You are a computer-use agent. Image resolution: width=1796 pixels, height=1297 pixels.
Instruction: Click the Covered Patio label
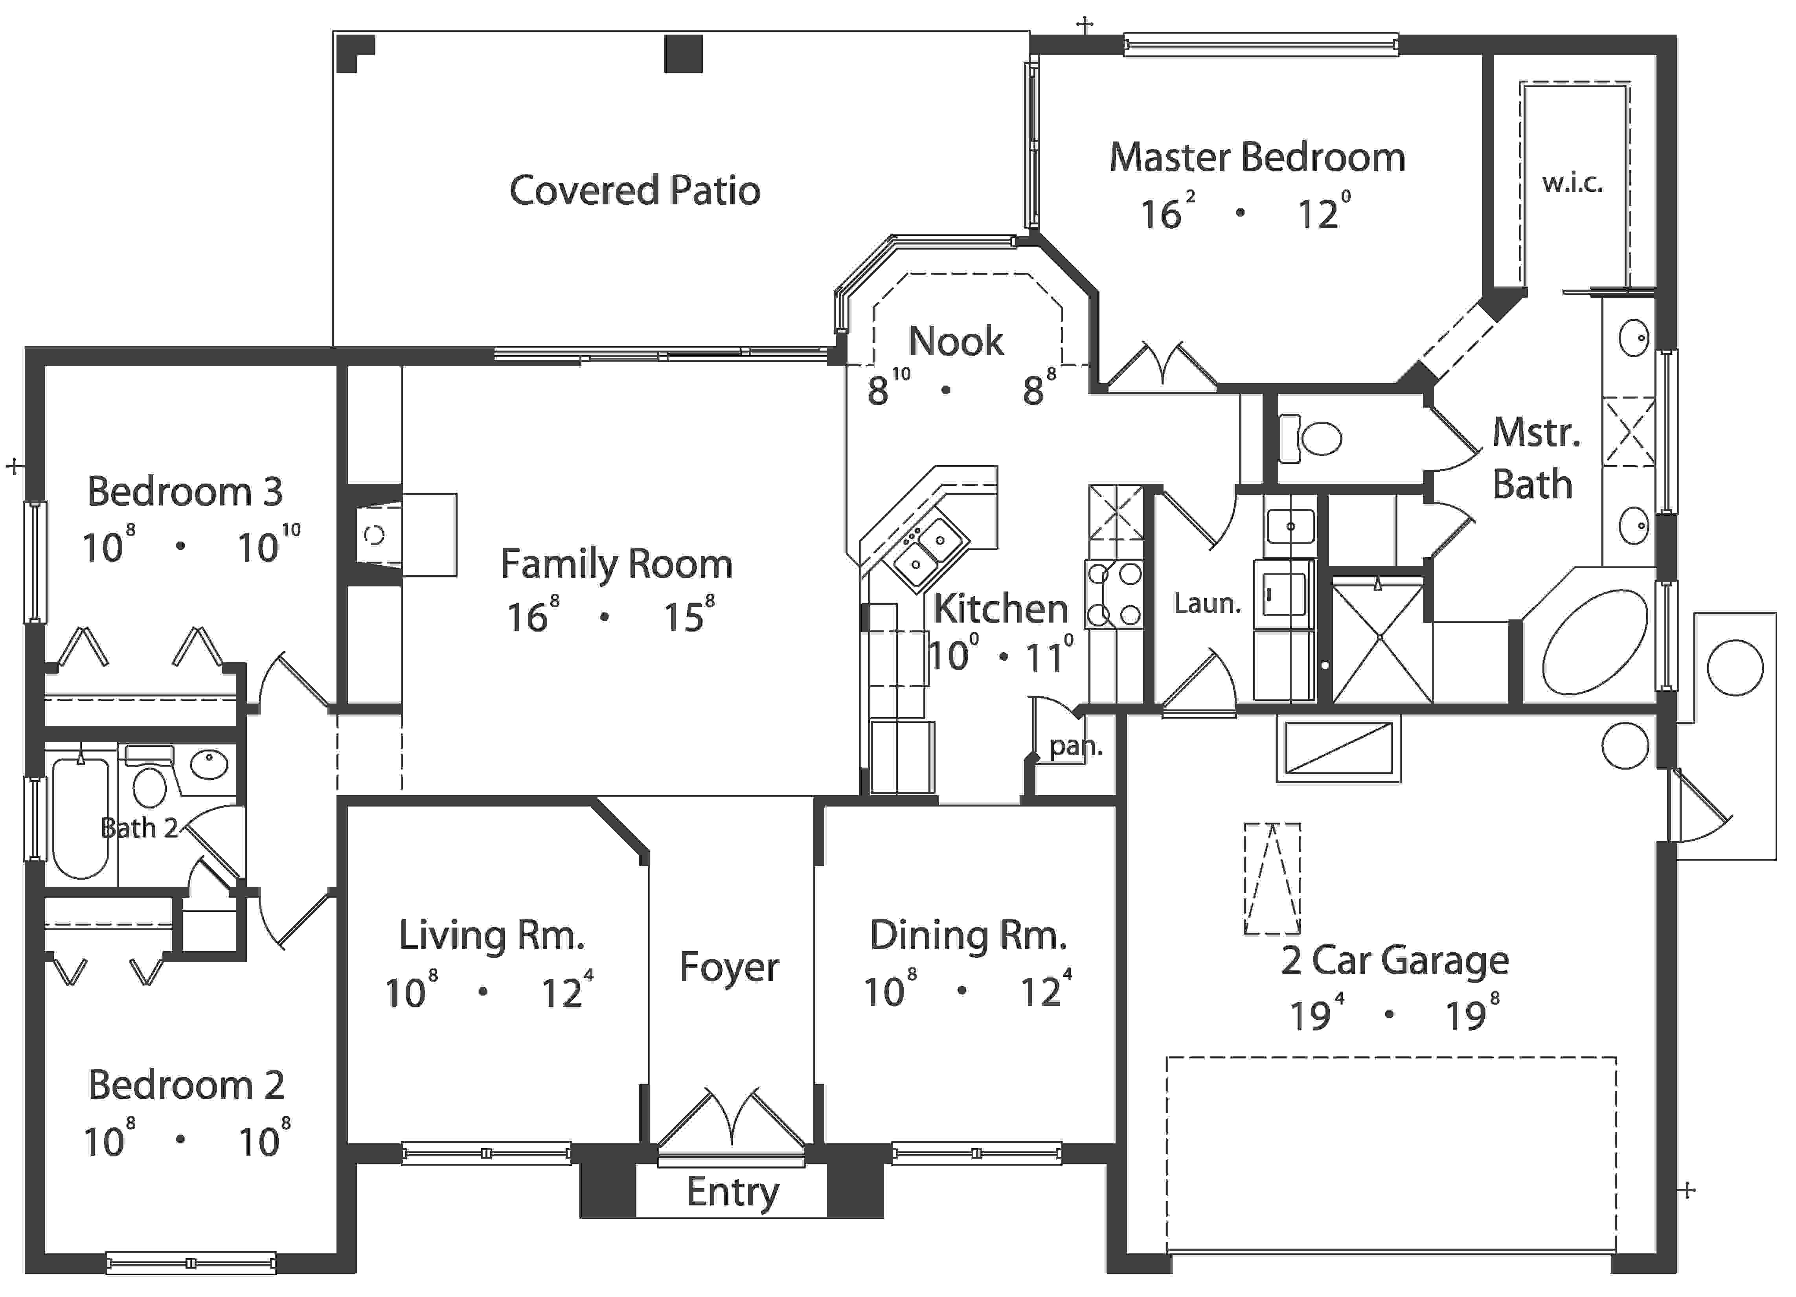(634, 191)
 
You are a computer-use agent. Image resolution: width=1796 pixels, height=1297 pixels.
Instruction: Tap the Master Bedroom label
(1257, 158)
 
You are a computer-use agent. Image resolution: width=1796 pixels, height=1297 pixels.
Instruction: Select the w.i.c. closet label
(1572, 184)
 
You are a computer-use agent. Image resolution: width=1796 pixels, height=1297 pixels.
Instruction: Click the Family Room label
(616, 564)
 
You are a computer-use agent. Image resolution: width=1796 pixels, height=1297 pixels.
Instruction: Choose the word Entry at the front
(732, 1192)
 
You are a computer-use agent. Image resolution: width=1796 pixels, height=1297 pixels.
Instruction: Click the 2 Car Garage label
(1395, 961)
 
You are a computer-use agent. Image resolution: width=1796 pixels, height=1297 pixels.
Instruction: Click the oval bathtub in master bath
(1594, 642)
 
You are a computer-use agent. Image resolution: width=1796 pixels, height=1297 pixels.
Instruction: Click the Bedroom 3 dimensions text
(190, 546)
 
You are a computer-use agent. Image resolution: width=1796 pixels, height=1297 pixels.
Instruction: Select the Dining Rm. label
(968, 936)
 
